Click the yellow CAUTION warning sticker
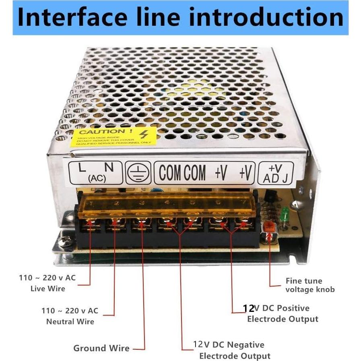click(x=111, y=137)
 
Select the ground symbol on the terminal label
click(x=138, y=172)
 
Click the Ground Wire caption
click(x=101, y=348)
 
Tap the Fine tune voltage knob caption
click(x=310, y=285)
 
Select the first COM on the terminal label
click(x=169, y=172)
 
